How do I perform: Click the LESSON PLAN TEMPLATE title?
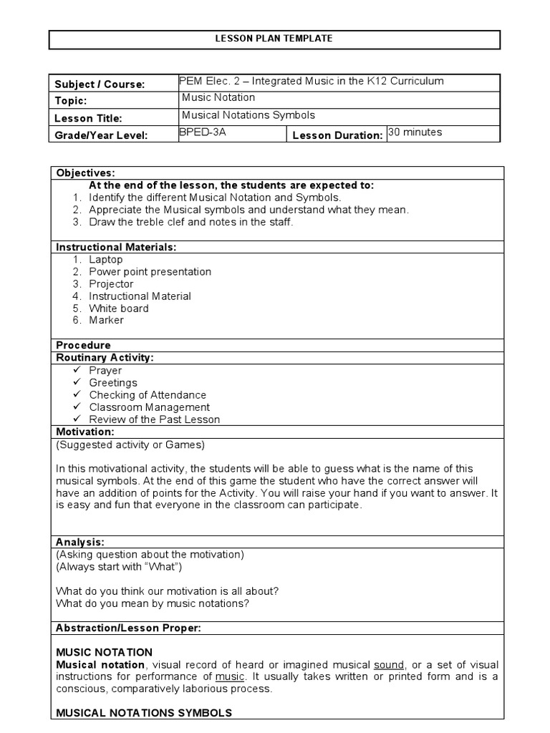pos(274,39)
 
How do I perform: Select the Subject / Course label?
pos(100,84)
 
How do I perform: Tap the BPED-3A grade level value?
pos(202,132)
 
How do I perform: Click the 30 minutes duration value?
pos(415,132)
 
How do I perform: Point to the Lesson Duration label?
pos(337,135)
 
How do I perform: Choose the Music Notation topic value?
pos(218,97)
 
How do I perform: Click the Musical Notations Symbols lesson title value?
pos(249,115)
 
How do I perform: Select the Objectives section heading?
pos(85,173)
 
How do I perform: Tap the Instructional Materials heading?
pos(116,247)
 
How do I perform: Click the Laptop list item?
pos(105,259)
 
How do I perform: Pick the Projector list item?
pos(111,283)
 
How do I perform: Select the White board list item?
pos(119,308)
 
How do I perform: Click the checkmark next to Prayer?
pos(77,370)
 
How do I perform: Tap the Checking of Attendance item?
pos(147,394)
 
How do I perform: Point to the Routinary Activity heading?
pos(105,357)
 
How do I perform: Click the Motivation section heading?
pos(85,432)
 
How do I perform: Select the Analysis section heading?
pos(80,542)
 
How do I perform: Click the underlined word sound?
pos(390,664)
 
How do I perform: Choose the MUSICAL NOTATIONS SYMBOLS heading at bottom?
pos(143,713)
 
